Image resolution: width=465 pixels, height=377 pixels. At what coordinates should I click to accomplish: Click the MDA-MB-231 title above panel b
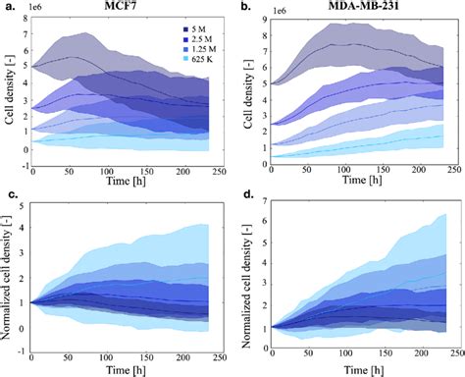click(365, 8)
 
